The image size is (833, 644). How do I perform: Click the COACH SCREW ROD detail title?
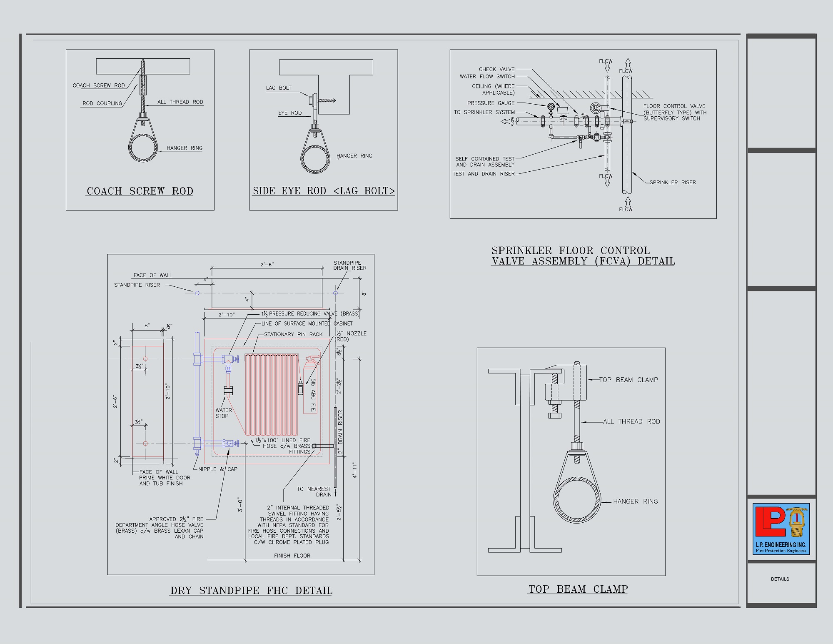pyautogui.click(x=140, y=191)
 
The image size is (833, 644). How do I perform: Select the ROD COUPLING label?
pyautogui.click(x=102, y=103)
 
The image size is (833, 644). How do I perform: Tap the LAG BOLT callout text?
pyautogui.click(x=279, y=88)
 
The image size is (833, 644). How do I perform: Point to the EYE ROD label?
pyautogui.click(x=290, y=113)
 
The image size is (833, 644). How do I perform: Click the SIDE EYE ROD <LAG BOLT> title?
pyautogui.click(x=324, y=191)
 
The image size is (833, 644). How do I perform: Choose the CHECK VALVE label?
pyautogui.click(x=496, y=69)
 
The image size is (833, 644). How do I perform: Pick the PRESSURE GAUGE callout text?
pyautogui.click(x=491, y=103)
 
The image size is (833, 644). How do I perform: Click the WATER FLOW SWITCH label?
pyautogui.click(x=487, y=76)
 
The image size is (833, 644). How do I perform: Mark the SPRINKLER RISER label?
pyautogui.click(x=673, y=182)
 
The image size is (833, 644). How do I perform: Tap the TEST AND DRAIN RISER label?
pyautogui.click(x=484, y=174)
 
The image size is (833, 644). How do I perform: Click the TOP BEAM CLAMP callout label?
pyautogui.click(x=628, y=380)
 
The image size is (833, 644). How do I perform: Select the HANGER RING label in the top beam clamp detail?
pyautogui.click(x=636, y=501)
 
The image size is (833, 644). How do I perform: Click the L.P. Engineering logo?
pyautogui.click(x=781, y=529)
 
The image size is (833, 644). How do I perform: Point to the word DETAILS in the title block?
pyautogui.click(x=780, y=579)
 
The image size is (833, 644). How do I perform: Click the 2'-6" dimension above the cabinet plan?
pyautogui.click(x=267, y=264)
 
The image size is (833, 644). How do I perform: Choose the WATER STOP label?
pyautogui.click(x=223, y=413)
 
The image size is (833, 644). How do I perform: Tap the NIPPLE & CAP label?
pyautogui.click(x=218, y=469)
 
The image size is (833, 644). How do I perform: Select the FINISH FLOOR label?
pyautogui.click(x=292, y=556)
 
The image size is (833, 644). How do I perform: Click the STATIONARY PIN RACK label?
pyautogui.click(x=293, y=334)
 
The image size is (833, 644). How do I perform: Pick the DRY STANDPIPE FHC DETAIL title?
pyautogui.click(x=251, y=591)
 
